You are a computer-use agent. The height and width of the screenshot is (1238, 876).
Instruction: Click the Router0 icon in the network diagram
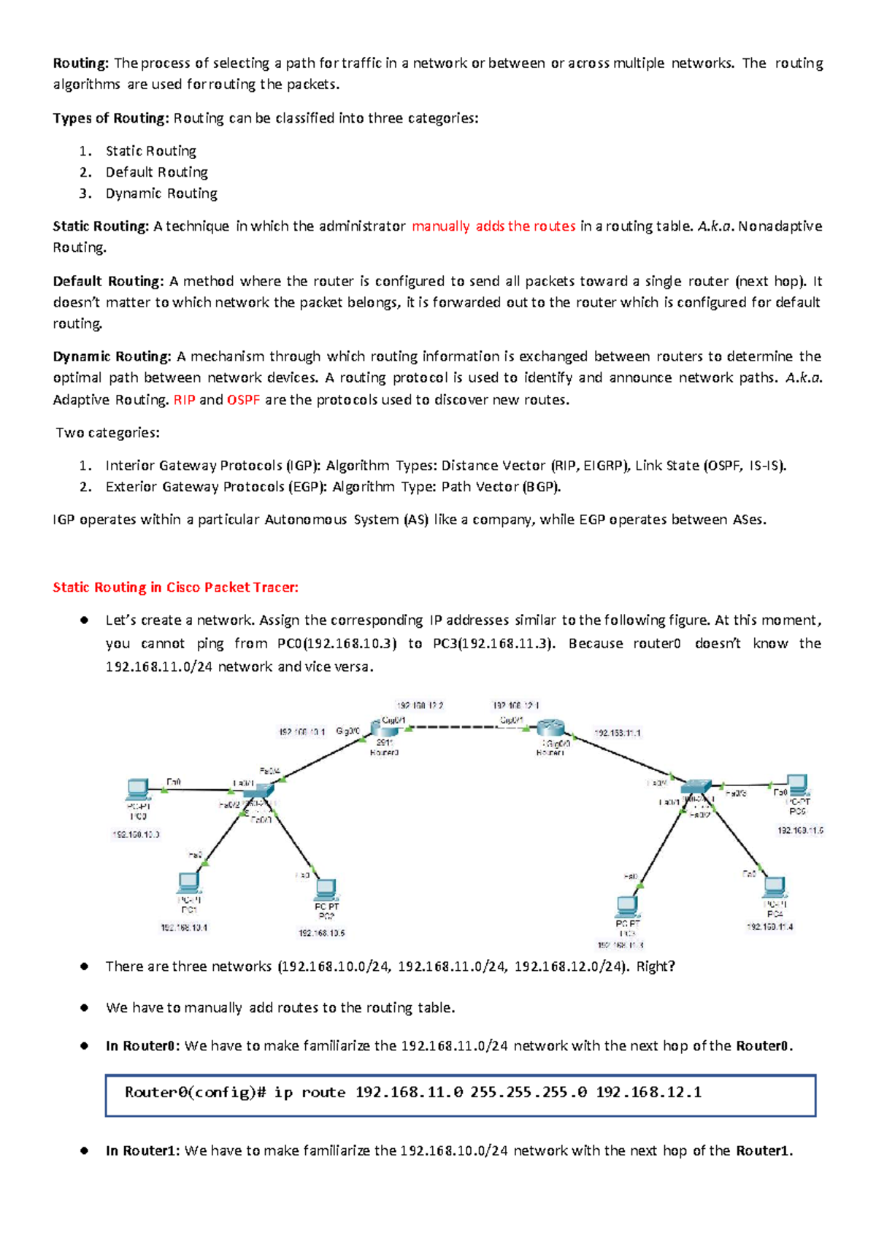(x=384, y=728)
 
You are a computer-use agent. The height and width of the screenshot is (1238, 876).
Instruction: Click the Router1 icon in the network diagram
(x=550, y=728)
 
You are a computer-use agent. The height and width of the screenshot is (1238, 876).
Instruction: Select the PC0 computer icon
(x=138, y=789)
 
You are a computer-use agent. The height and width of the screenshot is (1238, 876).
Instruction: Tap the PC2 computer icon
(x=326, y=889)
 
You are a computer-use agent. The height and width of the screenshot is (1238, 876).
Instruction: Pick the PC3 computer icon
(x=627, y=907)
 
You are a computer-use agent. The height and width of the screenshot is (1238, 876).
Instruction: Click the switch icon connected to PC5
(x=696, y=787)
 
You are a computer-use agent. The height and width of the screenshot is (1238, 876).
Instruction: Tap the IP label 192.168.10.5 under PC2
(x=321, y=933)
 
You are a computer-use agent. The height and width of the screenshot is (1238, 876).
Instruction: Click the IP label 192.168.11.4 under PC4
(x=769, y=926)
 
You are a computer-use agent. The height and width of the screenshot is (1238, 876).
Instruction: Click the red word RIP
(x=184, y=400)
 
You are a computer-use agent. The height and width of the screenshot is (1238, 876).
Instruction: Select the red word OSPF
(x=243, y=400)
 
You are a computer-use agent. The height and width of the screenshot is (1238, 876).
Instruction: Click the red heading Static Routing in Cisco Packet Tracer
(x=175, y=588)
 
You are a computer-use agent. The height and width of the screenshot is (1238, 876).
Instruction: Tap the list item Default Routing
(x=156, y=172)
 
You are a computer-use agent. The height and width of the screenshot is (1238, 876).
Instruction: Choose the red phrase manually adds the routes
(x=493, y=226)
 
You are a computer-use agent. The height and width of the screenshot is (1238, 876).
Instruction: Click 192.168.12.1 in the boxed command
(x=648, y=1092)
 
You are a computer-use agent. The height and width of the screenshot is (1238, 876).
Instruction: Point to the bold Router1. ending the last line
(x=764, y=1151)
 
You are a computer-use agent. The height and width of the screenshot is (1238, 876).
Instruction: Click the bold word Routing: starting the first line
(x=80, y=64)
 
